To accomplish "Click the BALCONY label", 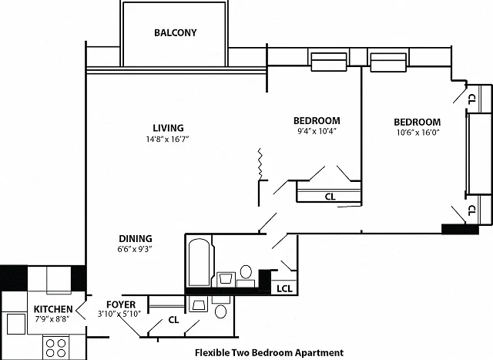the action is coord(175,32).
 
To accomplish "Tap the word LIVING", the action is coord(168,128).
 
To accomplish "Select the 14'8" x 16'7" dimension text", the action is coord(167,139).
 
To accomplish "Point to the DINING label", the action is coord(136,238).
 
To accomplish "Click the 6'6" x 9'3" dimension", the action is coord(135,249).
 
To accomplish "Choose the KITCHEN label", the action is coord(53,309).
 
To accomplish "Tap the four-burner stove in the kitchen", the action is coord(56,347).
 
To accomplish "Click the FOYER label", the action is coord(121,304).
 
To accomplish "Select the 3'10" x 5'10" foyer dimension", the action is coord(119,314).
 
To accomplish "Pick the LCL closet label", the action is coord(284,288).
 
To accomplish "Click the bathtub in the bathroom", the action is coord(199,262).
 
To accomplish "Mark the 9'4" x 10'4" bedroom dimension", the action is coord(317,131).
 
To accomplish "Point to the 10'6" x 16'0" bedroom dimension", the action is coord(418,132).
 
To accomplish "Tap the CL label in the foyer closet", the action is coord(173,320).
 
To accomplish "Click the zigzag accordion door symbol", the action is coord(260,163).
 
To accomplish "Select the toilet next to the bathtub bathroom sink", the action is coord(246,272).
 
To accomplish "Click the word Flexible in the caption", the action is coord(213,352).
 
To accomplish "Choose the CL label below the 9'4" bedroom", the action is coord(330,197).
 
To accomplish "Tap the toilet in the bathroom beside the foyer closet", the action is coord(221,311).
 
